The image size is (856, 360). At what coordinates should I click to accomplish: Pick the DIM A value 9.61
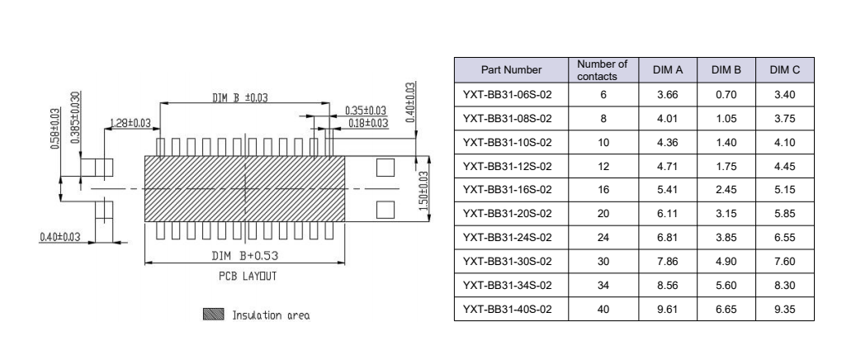point(665,310)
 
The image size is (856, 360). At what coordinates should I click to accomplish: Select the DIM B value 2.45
point(724,190)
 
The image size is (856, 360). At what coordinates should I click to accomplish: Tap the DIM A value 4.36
point(665,142)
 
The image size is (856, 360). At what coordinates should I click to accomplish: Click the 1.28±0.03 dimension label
point(130,124)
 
